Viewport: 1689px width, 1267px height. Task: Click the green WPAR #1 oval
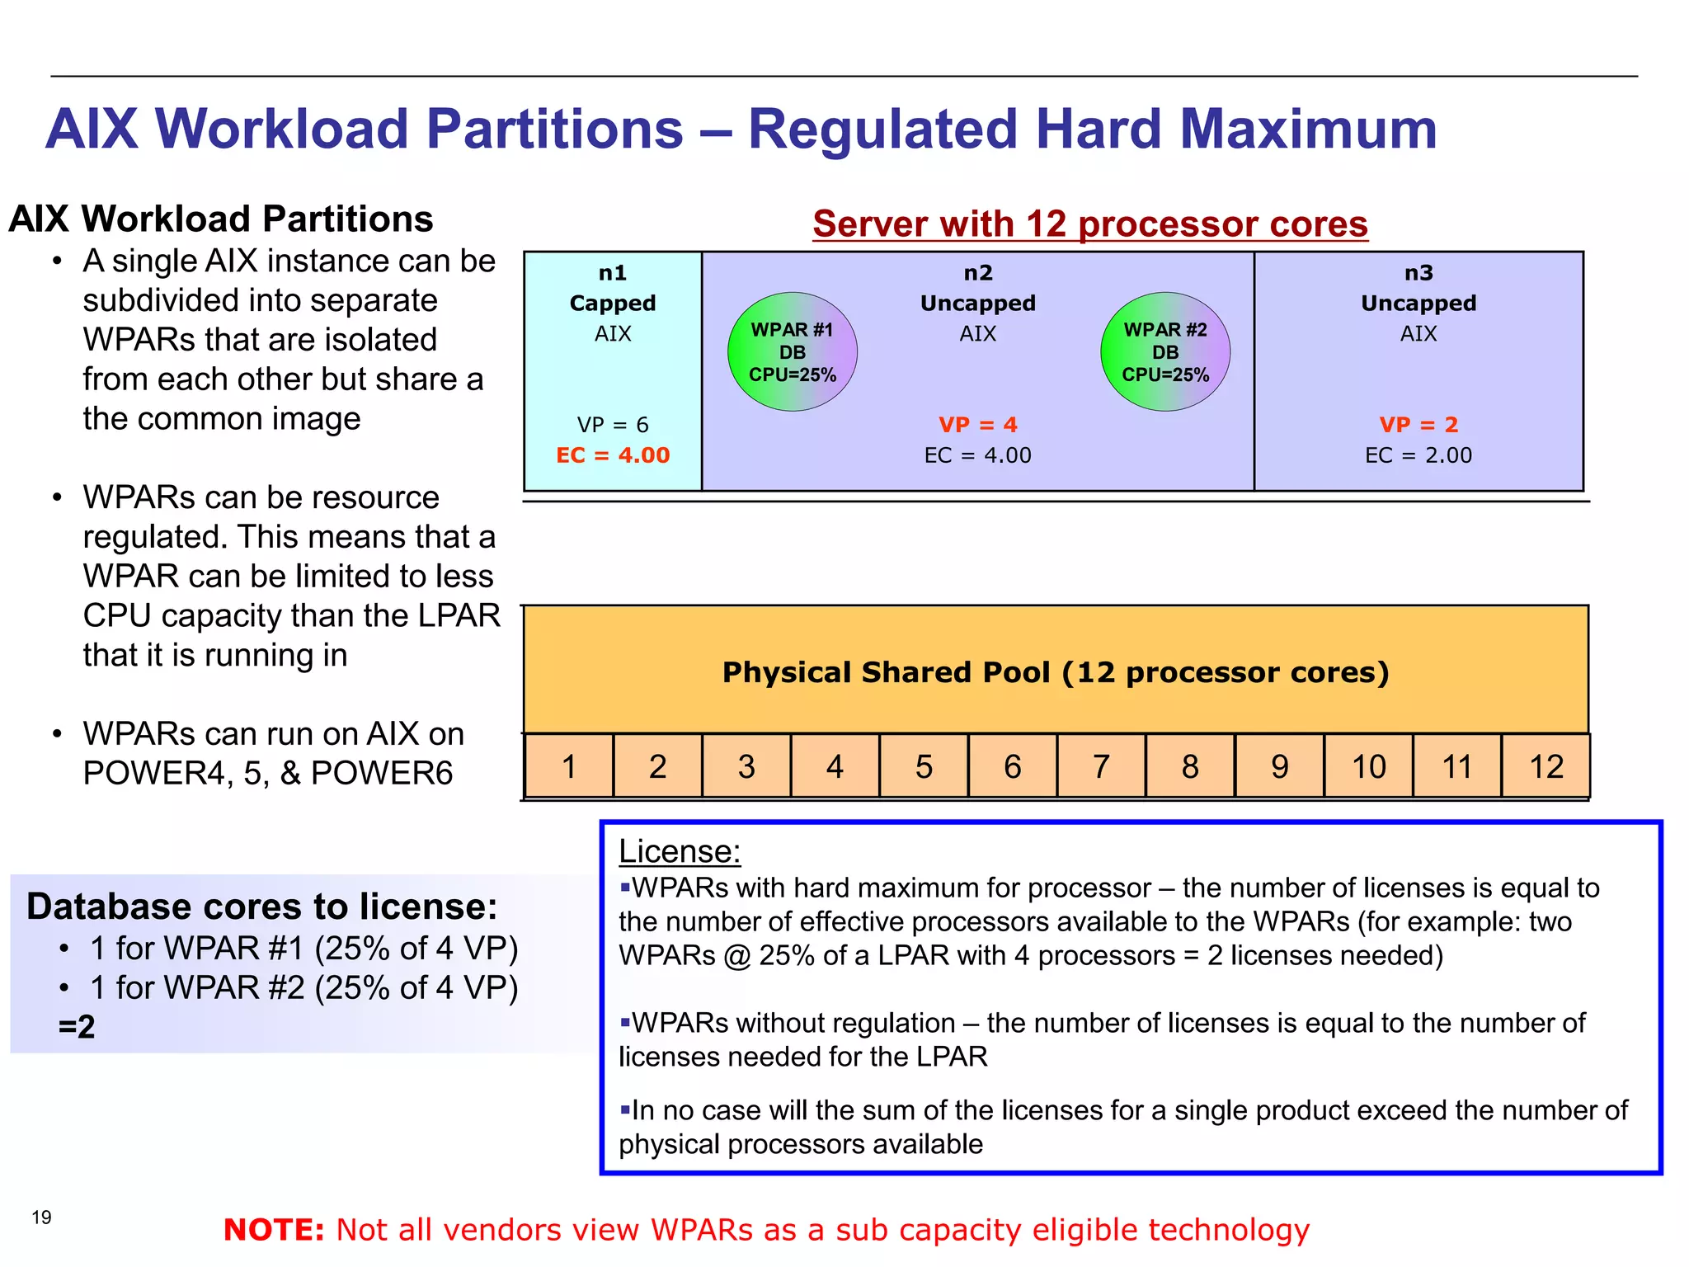(792, 352)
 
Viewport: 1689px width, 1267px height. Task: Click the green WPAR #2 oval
(1164, 352)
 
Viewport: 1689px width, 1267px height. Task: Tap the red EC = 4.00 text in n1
(613, 455)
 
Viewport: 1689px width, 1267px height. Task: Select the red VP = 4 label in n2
(977, 425)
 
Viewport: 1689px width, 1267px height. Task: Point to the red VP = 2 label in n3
(1418, 425)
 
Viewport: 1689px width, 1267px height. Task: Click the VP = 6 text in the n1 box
(613, 425)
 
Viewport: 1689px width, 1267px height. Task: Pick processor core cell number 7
(1101, 766)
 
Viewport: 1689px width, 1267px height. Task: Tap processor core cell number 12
(1546, 766)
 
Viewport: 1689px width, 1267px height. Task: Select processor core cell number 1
(568, 766)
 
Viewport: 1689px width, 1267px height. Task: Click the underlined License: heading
(680, 851)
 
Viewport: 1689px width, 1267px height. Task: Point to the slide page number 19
(41, 1218)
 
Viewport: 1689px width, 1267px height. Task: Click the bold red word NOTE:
(274, 1230)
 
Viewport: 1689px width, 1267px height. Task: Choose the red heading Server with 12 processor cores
(1089, 224)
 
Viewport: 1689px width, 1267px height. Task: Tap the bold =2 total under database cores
(77, 1027)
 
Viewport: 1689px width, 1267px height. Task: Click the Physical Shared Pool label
(1056, 672)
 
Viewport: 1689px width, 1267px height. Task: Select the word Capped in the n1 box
(613, 304)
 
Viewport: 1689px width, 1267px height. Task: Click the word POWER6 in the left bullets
(382, 773)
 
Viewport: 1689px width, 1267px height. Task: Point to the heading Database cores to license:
(262, 907)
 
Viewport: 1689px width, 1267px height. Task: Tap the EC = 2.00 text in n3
(1418, 455)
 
